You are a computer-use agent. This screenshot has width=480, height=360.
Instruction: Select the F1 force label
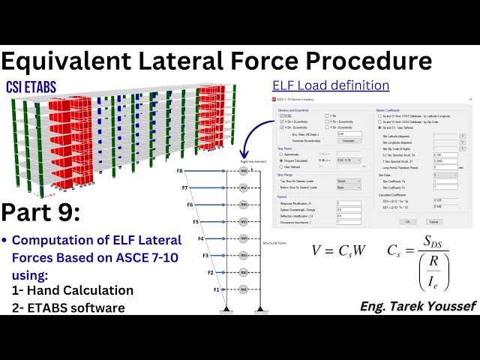point(217,289)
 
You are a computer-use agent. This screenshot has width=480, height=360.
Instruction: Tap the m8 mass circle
point(243,172)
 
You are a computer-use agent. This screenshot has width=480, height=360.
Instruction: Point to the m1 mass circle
point(243,289)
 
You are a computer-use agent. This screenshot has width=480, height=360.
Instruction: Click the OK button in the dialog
point(406,221)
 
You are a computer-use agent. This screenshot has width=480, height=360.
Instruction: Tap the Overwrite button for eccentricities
point(348,140)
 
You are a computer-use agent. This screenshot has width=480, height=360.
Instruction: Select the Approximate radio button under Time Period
point(280,152)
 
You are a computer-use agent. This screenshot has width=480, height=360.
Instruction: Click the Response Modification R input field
point(349,202)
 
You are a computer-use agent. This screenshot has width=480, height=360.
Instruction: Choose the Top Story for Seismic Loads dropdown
point(349,181)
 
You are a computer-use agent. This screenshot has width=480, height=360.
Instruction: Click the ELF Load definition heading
point(331,85)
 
